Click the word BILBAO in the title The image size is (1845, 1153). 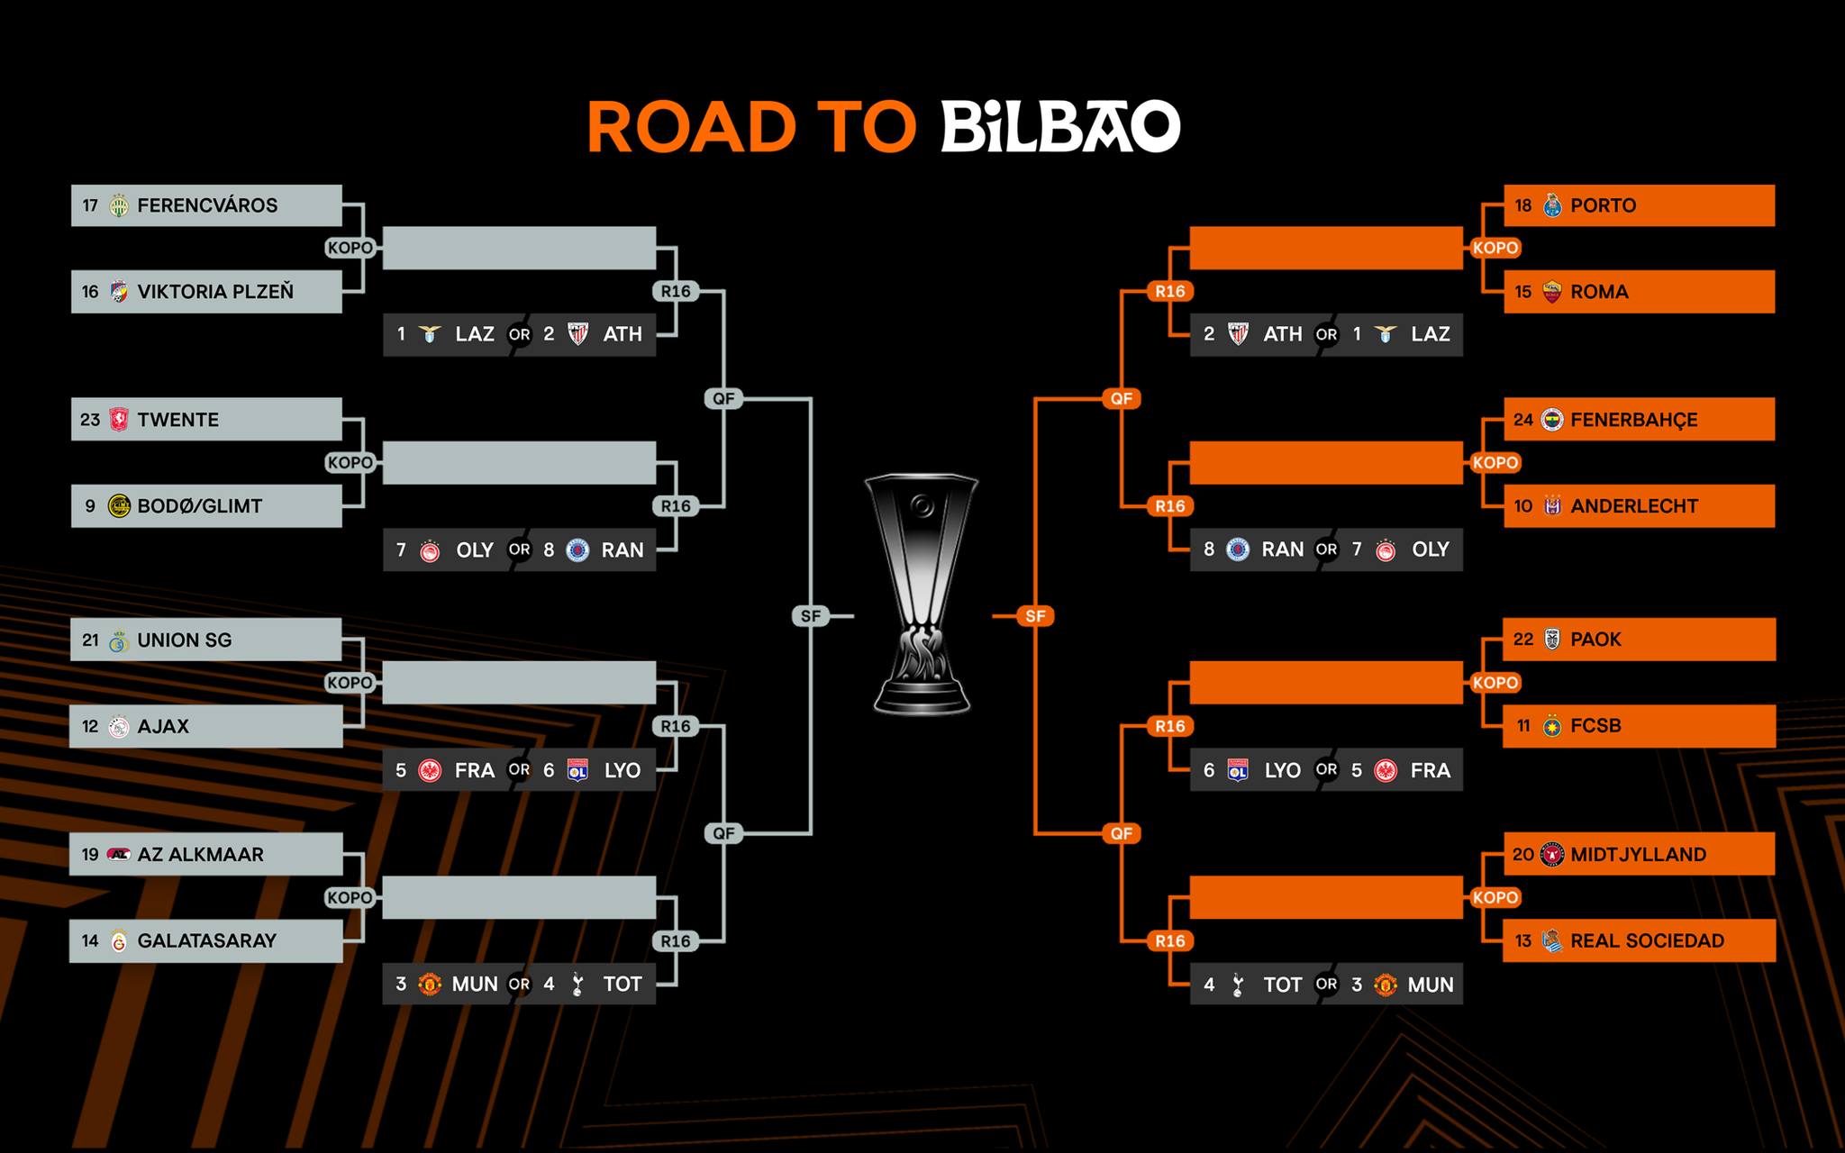[x=1060, y=127]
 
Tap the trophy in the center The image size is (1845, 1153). [x=921, y=595]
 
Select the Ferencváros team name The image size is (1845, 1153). [x=207, y=205]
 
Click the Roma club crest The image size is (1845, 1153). [x=1551, y=292]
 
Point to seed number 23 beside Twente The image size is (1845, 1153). [x=90, y=420]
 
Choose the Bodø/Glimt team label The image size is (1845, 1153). [x=199, y=506]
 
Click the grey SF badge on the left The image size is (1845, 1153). [x=811, y=616]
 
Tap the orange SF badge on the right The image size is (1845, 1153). [x=1035, y=616]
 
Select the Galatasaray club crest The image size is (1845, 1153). [x=118, y=941]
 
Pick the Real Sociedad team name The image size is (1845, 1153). [x=1647, y=941]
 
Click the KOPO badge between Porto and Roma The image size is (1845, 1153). [x=1495, y=248]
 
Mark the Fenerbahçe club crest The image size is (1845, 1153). [x=1551, y=420]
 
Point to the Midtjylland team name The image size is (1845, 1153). [x=1638, y=855]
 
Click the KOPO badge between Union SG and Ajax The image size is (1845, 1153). [x=350, y=683]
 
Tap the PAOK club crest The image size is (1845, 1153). [x=1551, y=640]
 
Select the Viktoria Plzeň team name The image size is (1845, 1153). [x=215, y=292]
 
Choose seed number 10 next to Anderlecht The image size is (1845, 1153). [x=1522, y=506]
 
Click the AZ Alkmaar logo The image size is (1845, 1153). [x=118, y=855]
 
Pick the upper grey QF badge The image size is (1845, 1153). [x=723, y=398]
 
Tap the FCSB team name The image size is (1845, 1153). [x=1595, y=726]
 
